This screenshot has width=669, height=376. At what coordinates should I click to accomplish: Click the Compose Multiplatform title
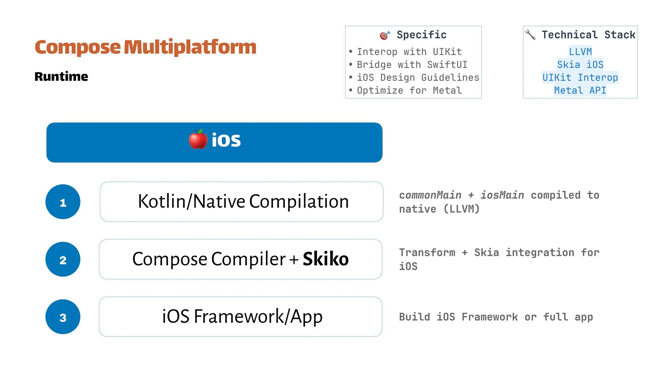145,47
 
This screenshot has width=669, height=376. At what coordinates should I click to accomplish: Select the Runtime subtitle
61,77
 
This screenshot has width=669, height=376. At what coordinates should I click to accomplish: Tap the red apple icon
198,140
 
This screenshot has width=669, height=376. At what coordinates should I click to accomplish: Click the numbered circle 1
63,202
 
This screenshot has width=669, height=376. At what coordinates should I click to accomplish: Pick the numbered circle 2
63,259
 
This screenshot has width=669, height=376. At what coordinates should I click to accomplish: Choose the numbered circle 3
63,317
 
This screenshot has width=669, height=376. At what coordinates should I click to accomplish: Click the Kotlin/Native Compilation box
241,202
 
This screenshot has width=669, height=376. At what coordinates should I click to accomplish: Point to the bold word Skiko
325,259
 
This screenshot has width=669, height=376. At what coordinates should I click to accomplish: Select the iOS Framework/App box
240,317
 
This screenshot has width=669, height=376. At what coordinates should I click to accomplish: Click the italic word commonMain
430,195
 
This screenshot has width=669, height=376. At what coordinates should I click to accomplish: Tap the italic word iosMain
502,195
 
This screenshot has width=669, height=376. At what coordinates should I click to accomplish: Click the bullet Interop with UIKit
409,52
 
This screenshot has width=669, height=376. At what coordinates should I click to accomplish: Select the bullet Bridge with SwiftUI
412,65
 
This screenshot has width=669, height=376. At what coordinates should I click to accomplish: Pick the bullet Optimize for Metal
409,91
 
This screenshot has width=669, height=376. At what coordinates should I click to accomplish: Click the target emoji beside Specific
385,35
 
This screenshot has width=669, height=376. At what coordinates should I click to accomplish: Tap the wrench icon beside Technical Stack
530,34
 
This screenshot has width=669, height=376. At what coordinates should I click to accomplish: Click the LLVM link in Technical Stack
580,52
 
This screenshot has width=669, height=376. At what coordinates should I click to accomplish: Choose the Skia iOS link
580,65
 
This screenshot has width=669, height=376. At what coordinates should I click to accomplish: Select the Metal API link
580,91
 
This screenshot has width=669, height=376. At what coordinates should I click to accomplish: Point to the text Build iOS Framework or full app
496,317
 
